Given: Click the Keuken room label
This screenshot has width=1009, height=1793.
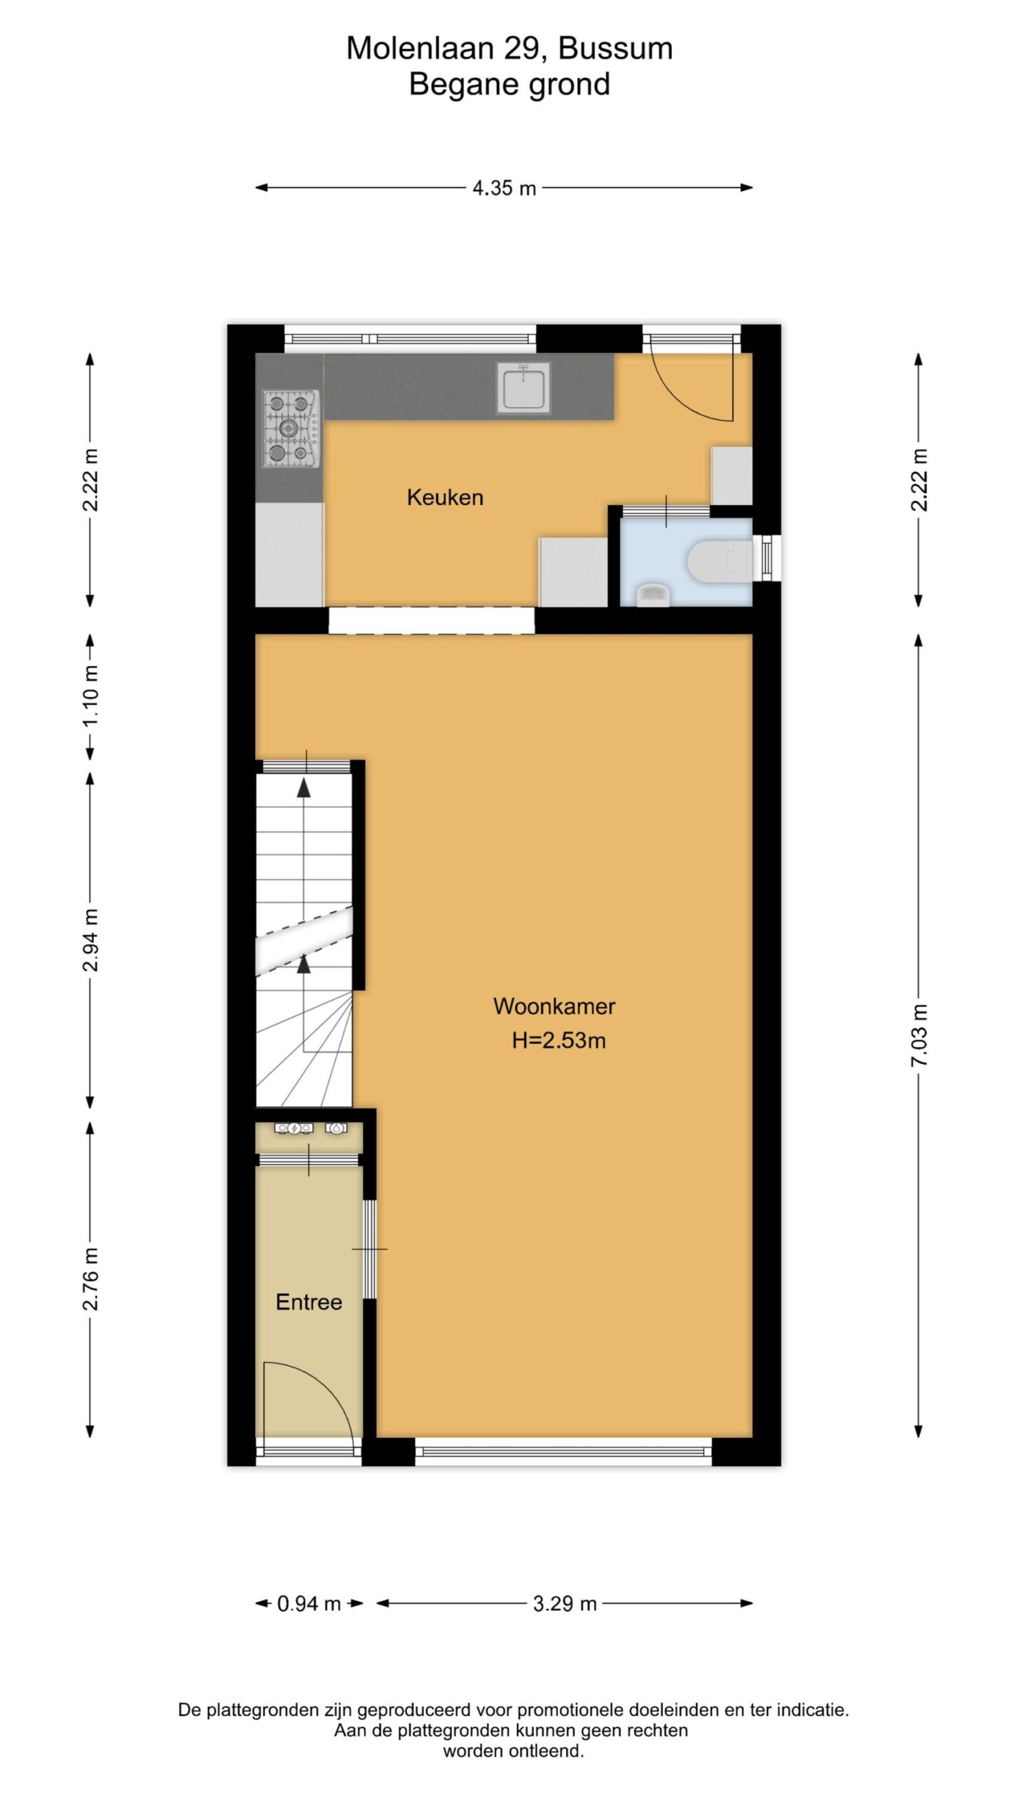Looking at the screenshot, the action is click(445, 497).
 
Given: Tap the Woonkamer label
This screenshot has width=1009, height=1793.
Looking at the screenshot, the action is click(554, 1006).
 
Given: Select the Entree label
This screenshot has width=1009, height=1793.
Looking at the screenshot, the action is click(309, 1302).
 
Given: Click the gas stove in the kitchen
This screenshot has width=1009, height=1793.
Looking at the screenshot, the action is click(291, 429).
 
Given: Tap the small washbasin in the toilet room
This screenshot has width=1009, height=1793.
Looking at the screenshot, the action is click(653, 594).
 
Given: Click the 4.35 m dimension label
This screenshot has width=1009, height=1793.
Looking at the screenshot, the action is click(504, 188).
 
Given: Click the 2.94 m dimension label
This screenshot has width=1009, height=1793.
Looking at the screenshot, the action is click(91, 941).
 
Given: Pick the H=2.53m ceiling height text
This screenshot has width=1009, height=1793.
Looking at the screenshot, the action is click(558, 1040).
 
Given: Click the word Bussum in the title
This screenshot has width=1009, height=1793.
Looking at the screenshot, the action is click(616, 48).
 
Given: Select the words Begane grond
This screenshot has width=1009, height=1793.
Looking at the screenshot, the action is click(509, 85).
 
